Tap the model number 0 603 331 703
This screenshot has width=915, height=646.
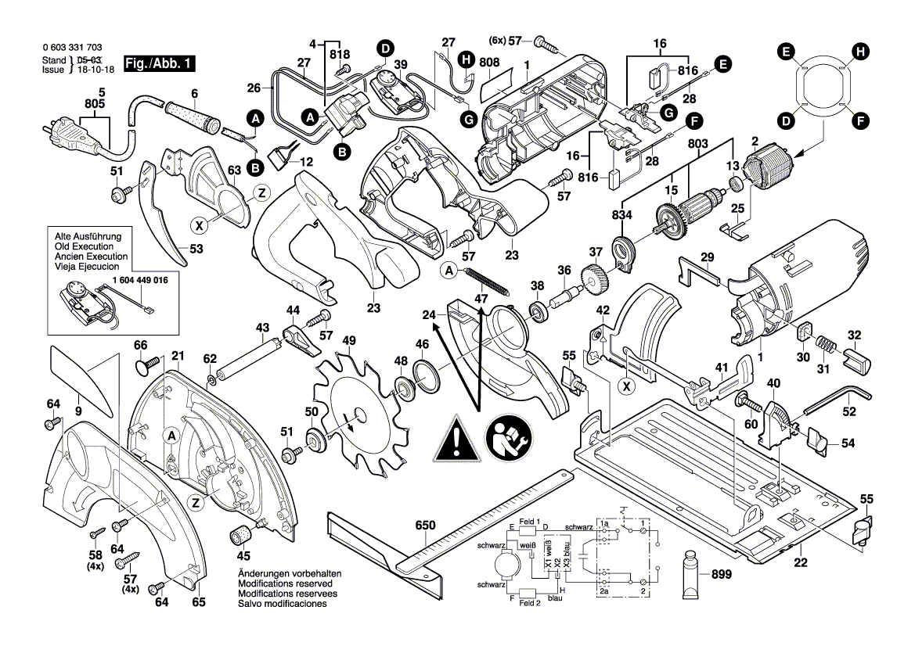coord(71,48)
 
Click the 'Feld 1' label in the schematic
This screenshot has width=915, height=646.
coord(530,522)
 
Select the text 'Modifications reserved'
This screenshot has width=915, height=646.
coord(285,583)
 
